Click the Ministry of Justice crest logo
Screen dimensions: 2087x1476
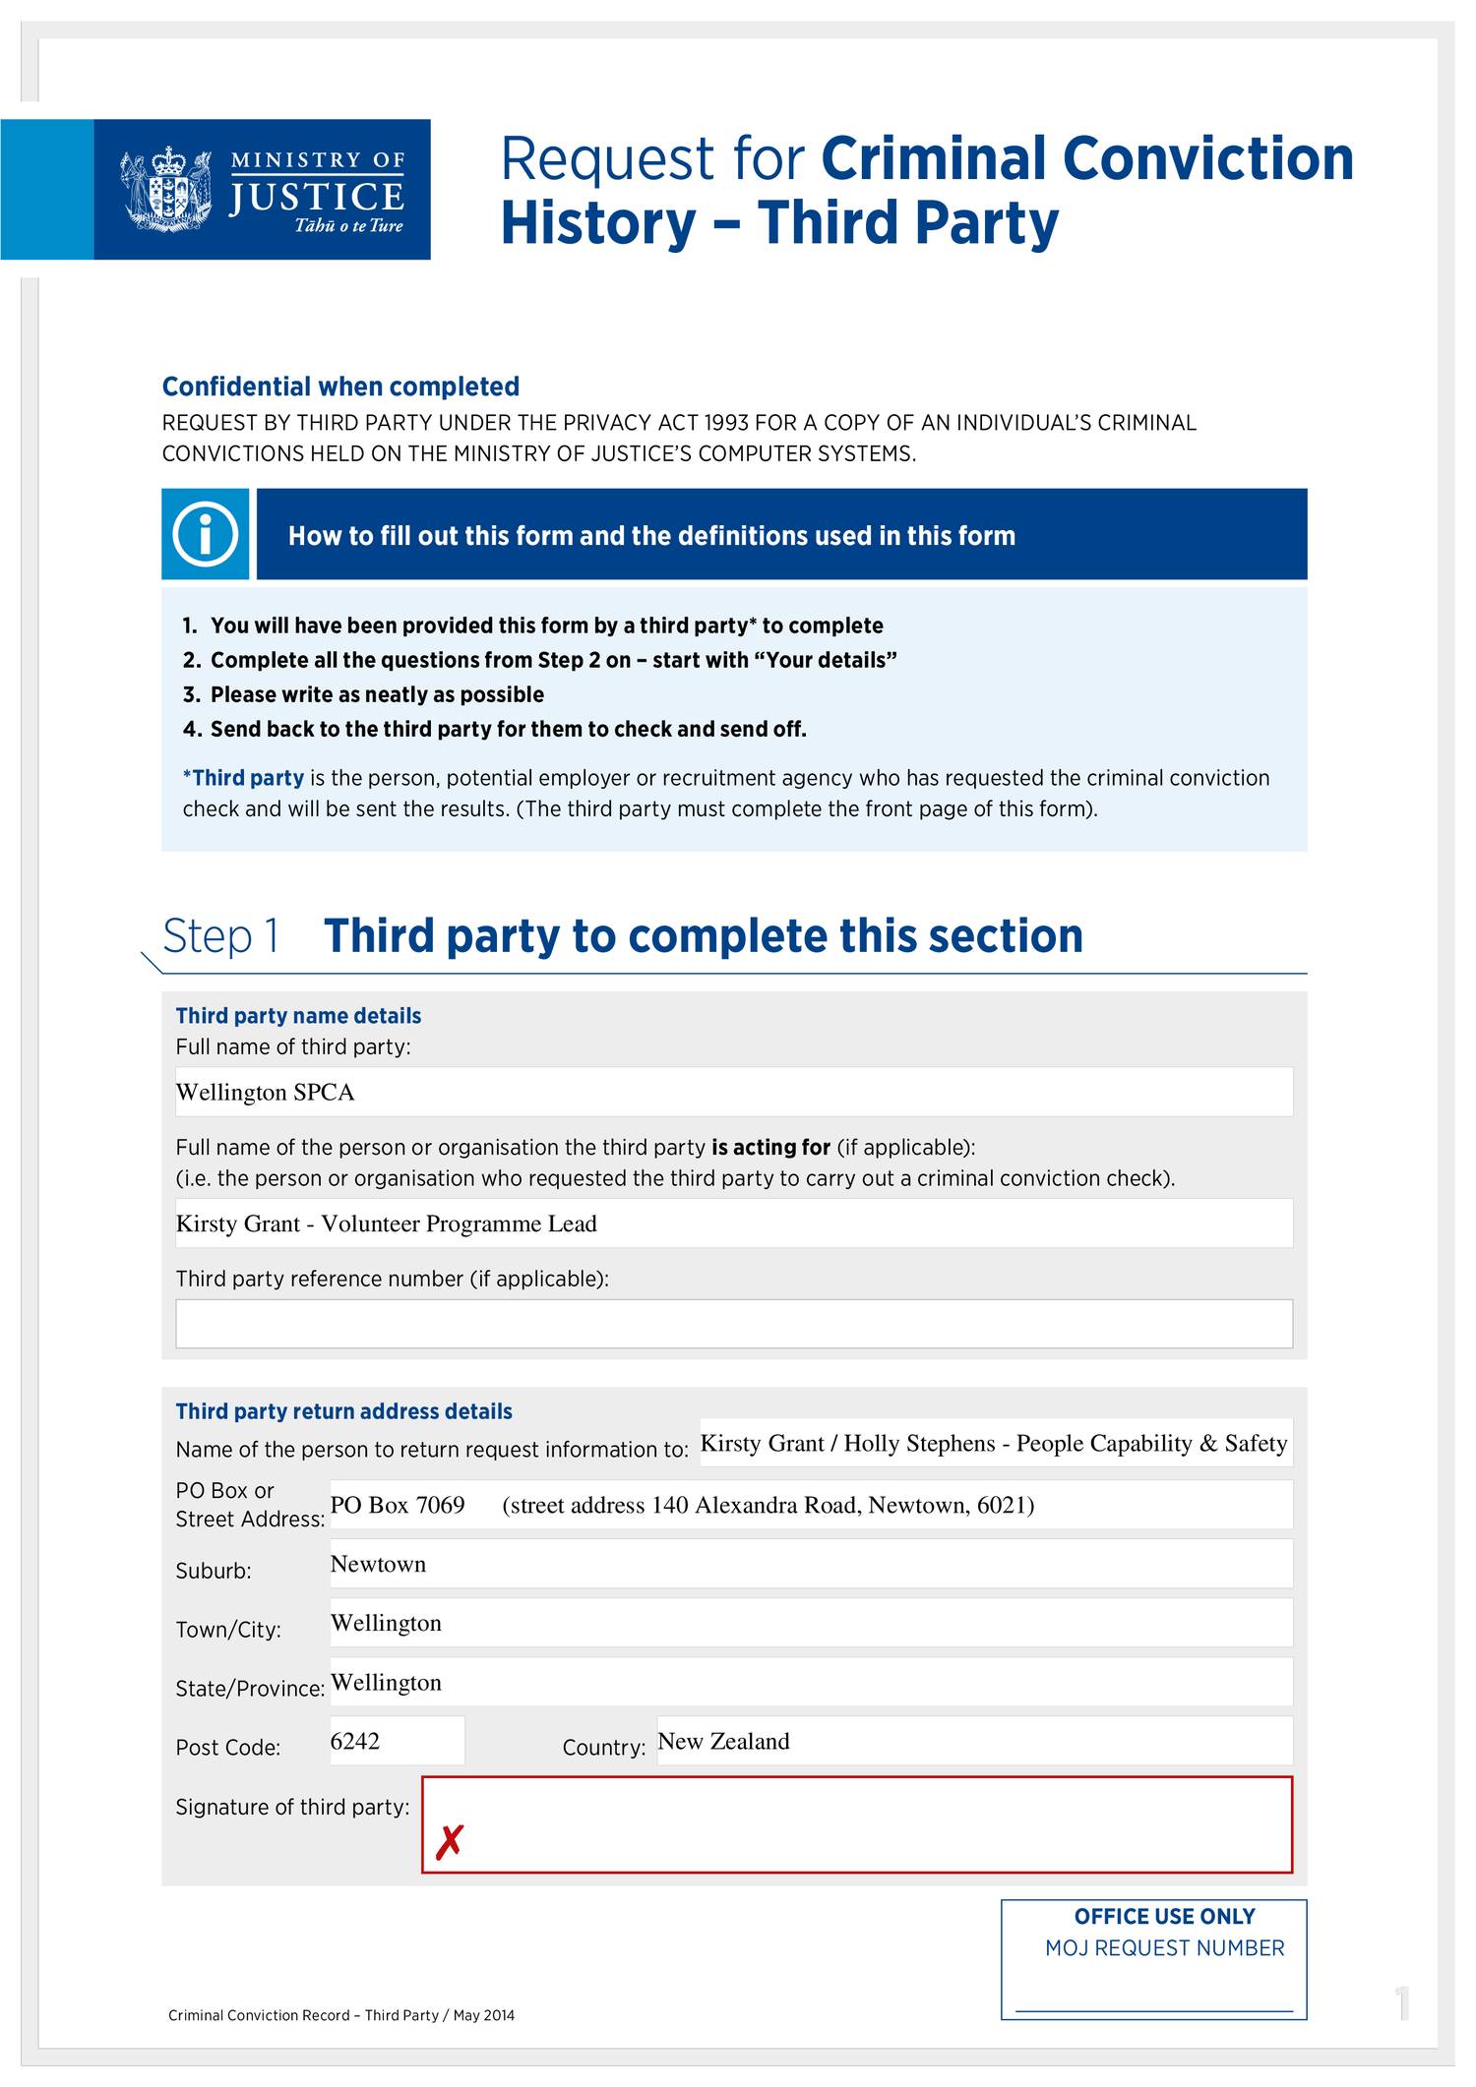click(165, 189)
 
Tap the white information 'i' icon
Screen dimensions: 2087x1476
click(205, 534)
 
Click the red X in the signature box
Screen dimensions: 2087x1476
click(449, 1841)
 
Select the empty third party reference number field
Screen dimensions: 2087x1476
click(733, 1323)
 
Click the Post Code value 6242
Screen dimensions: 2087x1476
click(355, 1741)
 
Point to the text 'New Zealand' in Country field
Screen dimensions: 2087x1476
click(723, 1741)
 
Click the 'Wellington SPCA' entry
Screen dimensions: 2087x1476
click(265, 1092)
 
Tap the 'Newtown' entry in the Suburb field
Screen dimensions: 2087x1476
click(378, 1564)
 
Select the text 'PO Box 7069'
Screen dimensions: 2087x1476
click(397, 1505)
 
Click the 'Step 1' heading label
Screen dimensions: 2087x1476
click(221, 935)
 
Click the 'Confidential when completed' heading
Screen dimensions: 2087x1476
click(340, 387)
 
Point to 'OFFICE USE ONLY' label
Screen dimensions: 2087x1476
click(1164, 1916)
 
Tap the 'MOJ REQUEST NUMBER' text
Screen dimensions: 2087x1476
click(1164, 1947)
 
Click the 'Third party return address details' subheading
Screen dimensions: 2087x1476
click(343, 1411)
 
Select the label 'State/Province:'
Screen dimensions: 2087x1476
click(250, 1689)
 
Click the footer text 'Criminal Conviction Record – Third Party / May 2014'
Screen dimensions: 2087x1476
click(341, 2015)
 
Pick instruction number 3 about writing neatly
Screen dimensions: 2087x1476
click(364, 694)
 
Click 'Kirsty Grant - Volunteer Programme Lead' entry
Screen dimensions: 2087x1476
click(386, 1223)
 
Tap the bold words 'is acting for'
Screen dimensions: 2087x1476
click(770, 1147)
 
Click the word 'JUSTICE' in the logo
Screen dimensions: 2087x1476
click(316, 197)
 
